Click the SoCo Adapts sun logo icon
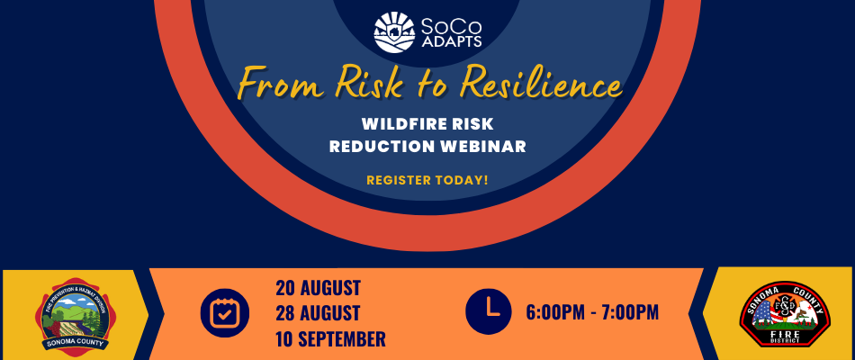(394, 32)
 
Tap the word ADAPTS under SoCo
(449, 42)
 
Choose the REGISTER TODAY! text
(427, 180)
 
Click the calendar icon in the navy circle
(225, 312)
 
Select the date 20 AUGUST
(318, 289)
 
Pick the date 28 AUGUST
(318, 314)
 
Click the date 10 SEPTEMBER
(330, 339)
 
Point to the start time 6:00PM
(555, 313)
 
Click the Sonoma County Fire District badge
(778, 314)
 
